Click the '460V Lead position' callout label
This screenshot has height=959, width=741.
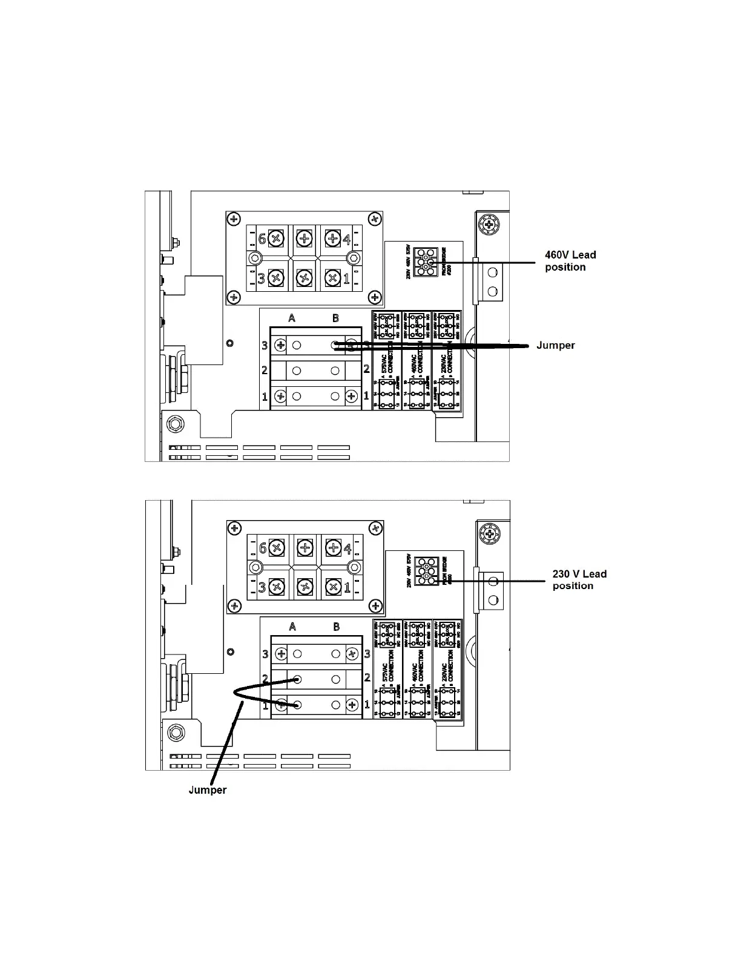click(570, 261)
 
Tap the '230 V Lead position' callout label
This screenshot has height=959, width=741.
click(579, 579)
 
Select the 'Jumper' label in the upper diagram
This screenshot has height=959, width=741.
click(555, 345)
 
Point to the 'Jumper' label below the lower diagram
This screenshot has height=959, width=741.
click(208, 789)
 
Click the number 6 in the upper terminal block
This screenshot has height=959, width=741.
click(262, 239)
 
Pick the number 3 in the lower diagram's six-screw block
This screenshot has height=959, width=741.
click(262, 587)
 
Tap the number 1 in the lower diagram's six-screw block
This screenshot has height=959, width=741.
click(347, 587)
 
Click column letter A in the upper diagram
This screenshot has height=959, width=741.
click(292, 318)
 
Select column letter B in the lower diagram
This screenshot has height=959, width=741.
click(336, 627)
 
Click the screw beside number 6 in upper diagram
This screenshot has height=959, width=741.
click(276, 238)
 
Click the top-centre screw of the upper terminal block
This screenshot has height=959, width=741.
click(304, 238)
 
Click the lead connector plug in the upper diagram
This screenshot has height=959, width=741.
click(426, 262)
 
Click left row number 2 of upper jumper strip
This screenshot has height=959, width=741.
click(265, 370)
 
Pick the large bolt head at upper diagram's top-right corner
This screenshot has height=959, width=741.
click(489, 225)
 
